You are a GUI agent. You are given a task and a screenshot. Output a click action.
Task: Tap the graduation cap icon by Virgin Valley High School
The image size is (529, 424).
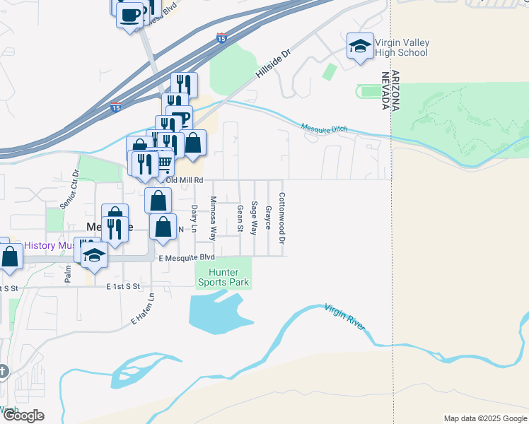[360, 47]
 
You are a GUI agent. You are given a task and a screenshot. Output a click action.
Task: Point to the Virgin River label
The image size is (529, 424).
[345, 316]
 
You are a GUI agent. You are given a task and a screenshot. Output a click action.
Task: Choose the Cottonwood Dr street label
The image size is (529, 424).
[281, 219]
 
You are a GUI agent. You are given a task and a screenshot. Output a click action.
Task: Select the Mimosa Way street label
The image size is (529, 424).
[212, 219]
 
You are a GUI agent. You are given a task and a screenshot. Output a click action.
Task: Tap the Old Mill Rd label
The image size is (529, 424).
[168, 180]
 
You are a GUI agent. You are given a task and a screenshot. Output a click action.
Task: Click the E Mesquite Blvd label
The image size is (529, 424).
[187, 258]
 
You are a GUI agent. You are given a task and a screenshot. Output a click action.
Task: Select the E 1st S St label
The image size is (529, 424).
[124, 287]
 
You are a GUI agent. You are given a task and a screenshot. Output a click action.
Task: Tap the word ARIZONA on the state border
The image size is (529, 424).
[395, 90]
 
